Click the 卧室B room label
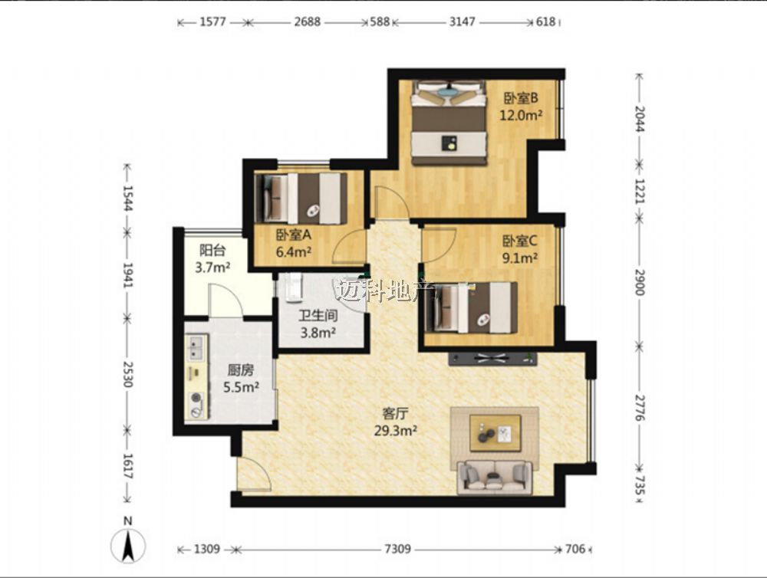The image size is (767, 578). click(x=521, y=98)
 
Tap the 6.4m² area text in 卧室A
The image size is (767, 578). click(x=294, y=252)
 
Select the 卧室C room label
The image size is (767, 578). click(x=520, y=241)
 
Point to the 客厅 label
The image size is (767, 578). click(x=395, y=414)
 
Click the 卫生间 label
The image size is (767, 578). click(x=318, y=315)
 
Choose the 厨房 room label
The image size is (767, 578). click(x=241, y=370)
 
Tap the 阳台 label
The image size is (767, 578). click(x=212, y=251)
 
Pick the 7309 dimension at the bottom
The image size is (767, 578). click(x=397, y=549)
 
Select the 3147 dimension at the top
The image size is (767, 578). click(x=462, y=21)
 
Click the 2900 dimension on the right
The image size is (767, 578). click(x=640, y=282)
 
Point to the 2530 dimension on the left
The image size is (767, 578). click(x=127, y=374)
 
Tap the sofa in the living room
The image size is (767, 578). click(x=495, y=477)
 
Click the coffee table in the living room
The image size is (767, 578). click(x=495, y=433)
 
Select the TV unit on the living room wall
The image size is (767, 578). click(x=492, y=359)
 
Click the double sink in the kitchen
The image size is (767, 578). click(x=196, y=347)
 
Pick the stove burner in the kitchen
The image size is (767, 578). click(x=196, y=398)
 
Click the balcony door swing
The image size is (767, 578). click(x=226, y=300)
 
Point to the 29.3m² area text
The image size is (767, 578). click(x=395, y=431)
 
